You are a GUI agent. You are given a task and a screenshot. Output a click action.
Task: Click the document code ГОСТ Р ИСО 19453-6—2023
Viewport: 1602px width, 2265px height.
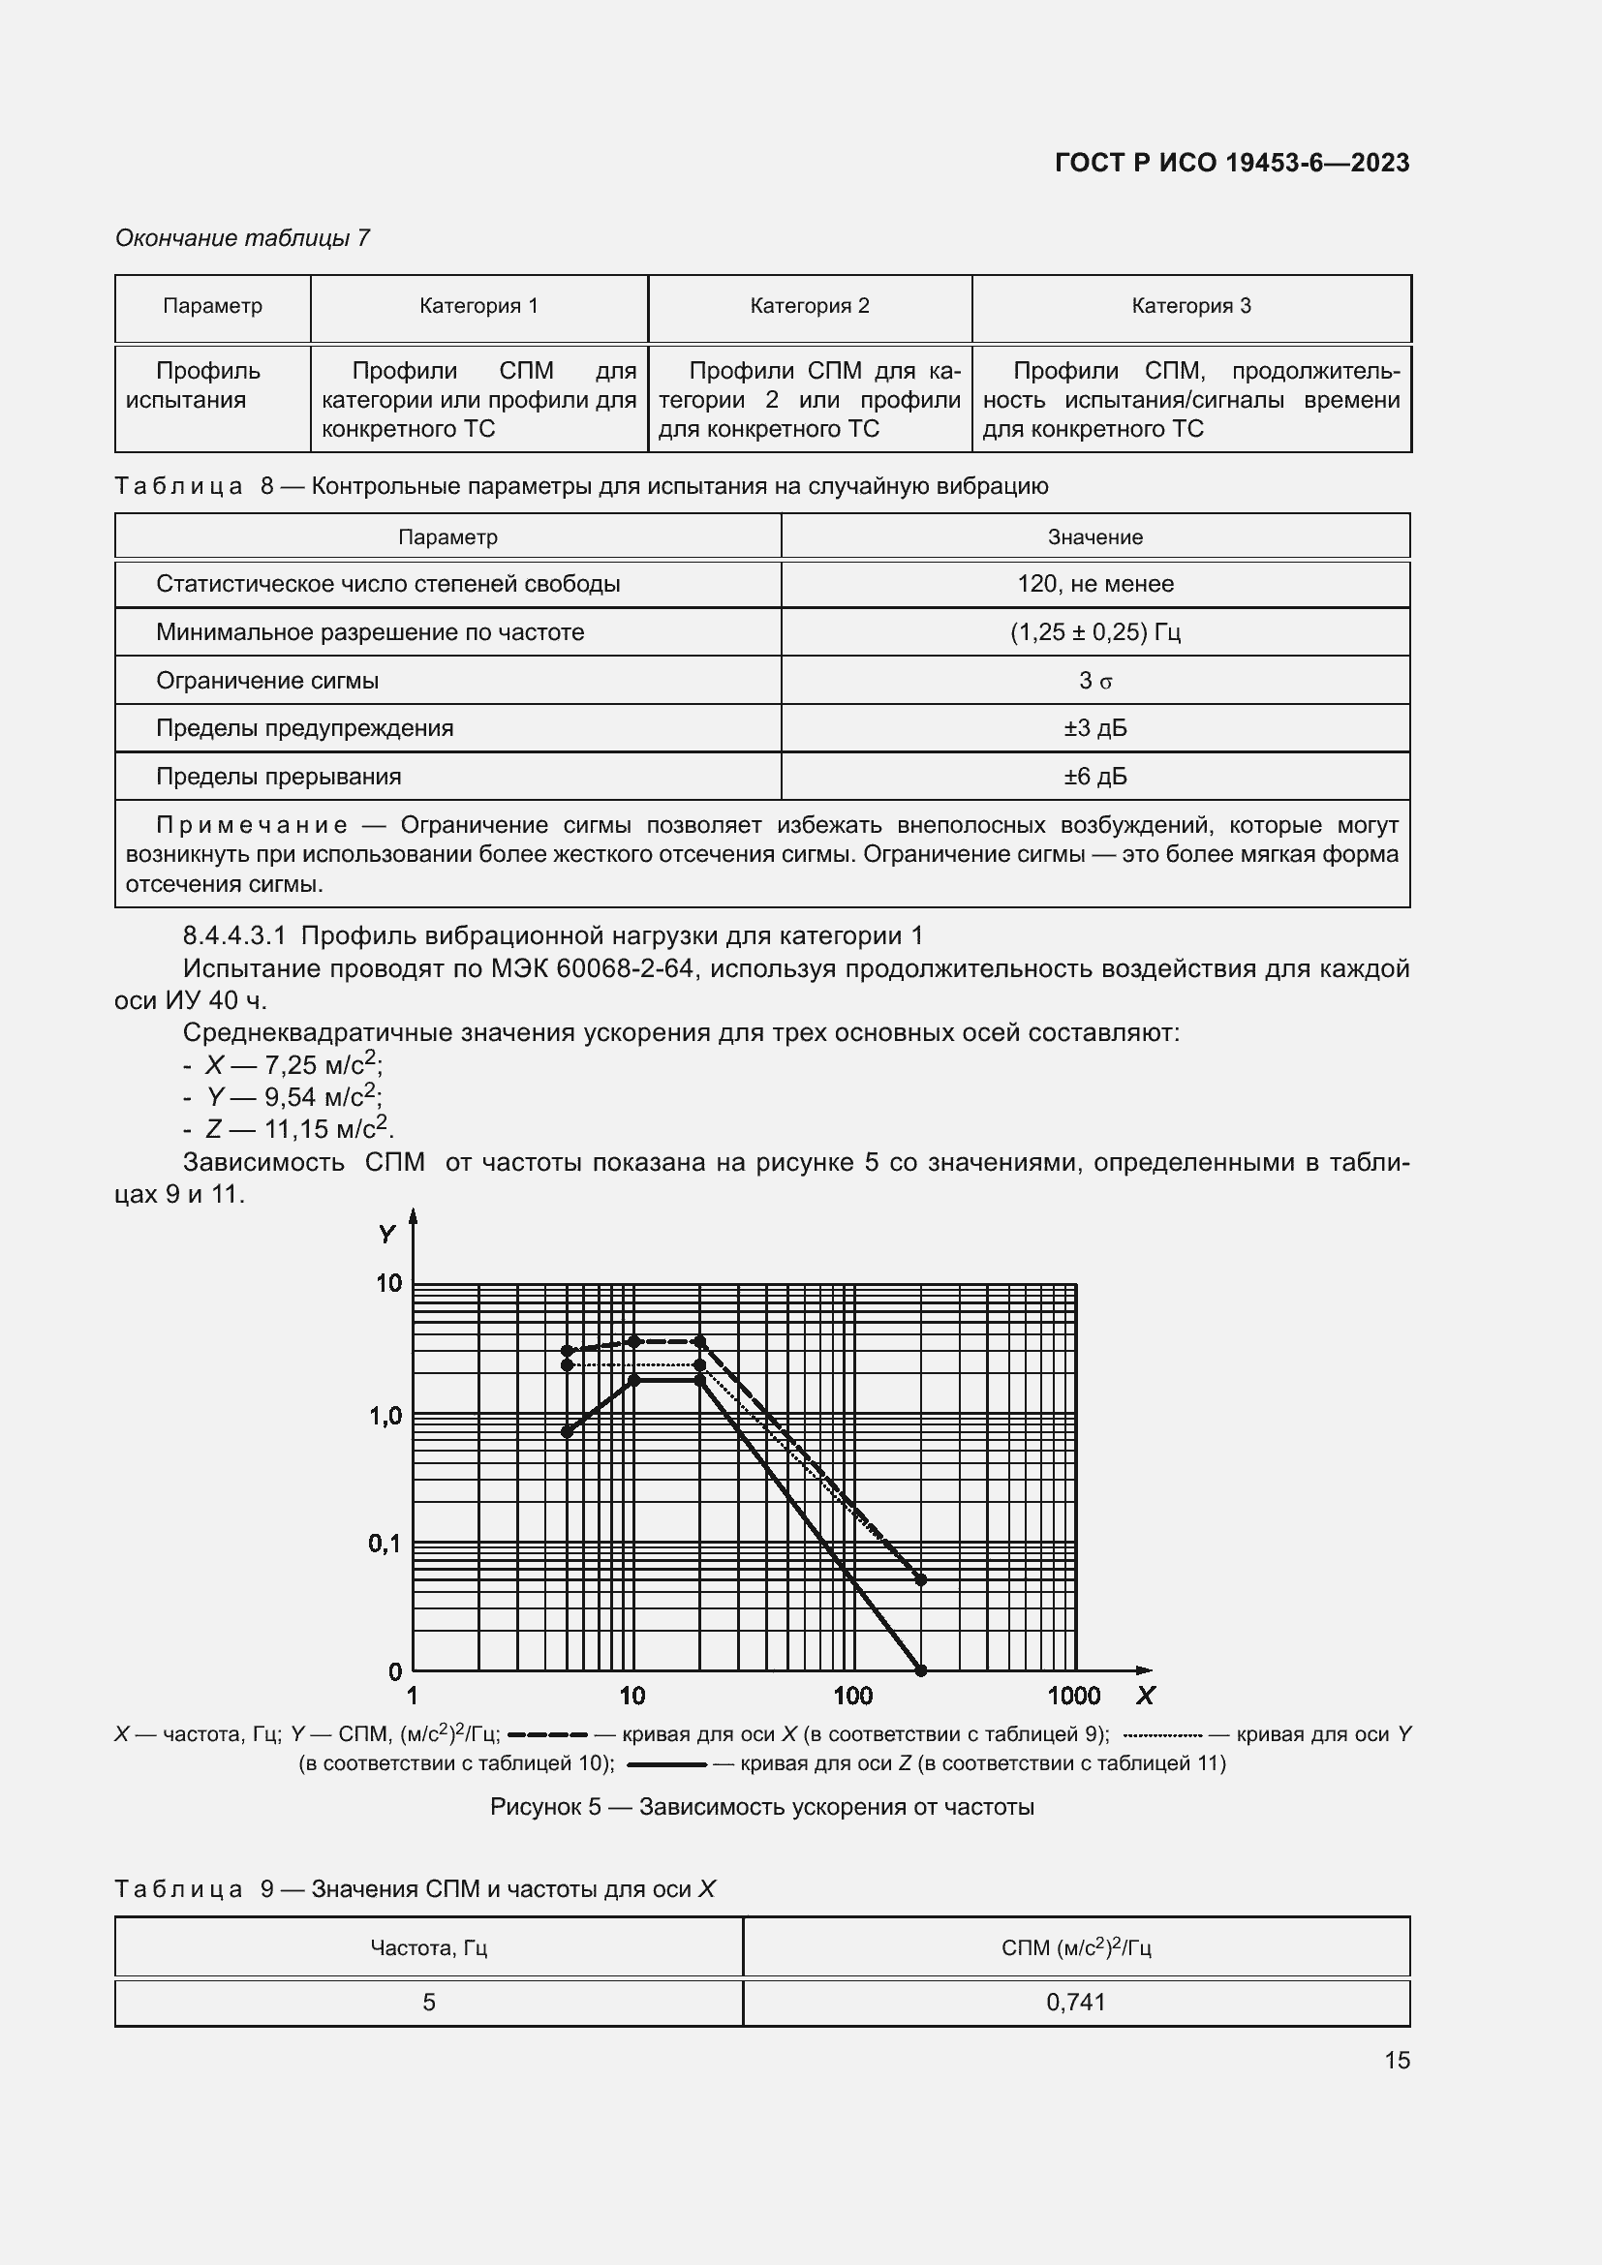pyautogui.click(x=1231, y=163)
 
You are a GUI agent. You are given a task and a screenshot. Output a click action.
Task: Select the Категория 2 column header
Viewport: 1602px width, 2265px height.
pyautogui.click(x=809, y=306)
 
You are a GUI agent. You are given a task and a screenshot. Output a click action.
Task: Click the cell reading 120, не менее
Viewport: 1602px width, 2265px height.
pyautogui.click(x=1095, y=584)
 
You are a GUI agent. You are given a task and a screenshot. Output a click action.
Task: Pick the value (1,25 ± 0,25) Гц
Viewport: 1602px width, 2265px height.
pyautogui.click(x=1095, y=632)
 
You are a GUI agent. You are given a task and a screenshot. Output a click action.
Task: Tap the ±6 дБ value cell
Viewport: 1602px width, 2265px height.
pyautogui.click(x=1095, y=777)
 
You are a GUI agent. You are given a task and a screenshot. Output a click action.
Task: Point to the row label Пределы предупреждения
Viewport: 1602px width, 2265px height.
pyautogui.click(x=304, y=728)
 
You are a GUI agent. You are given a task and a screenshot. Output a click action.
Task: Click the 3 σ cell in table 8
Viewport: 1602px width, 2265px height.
pyautogui.click(x=1095, y=681)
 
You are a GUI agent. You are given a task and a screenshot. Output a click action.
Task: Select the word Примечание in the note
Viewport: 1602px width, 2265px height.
pyautogui.click(x=252, y=825)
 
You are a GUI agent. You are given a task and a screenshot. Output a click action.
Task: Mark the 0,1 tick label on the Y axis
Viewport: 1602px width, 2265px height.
pyautogui.click(x=385, y=1543)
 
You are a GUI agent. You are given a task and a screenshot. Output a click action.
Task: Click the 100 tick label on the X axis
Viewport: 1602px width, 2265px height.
pyautogui.click(x=852, y=1696)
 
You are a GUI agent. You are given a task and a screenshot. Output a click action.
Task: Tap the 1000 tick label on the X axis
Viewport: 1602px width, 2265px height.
pyautogui.click(x=1073, y=1696)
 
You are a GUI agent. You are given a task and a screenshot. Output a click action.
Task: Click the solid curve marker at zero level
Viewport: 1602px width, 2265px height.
pyautogui.click(x=921, y=1670)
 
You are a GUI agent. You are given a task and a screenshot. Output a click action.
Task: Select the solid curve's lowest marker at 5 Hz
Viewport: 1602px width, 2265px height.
pyautogui.click(x=568, y=1431)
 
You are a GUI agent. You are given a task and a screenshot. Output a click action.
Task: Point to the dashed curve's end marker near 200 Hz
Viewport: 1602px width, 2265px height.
pyautogui.click(x=921, y=1579)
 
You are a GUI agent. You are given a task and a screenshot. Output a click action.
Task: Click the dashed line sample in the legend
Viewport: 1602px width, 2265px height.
pyautogui.click(x=547, y=1734)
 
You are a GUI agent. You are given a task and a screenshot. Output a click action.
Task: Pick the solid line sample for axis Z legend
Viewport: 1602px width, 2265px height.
pyautogui.click(x=666, y=1762)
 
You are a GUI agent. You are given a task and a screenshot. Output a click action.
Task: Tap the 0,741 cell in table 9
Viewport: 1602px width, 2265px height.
pyautogui.click(x=1075, y=2002)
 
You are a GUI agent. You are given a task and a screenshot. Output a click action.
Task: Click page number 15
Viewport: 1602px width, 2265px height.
pyautogui.click(x=1396, y=2060)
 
